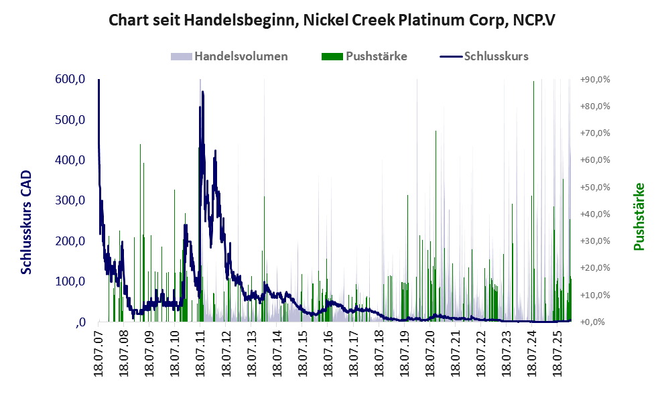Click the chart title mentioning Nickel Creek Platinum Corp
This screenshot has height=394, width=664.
coord(332,21)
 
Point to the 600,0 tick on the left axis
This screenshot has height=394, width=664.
coord(70,80)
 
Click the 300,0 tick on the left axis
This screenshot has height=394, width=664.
coord(70,201)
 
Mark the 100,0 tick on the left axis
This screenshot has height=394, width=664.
coord(70,281)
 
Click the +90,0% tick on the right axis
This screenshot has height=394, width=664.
coord(595,80)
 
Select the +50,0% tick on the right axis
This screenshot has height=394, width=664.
coord(595,187)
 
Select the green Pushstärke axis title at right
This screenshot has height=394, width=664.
coord(639,216)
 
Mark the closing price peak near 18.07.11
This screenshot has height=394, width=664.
coord(202,92)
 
